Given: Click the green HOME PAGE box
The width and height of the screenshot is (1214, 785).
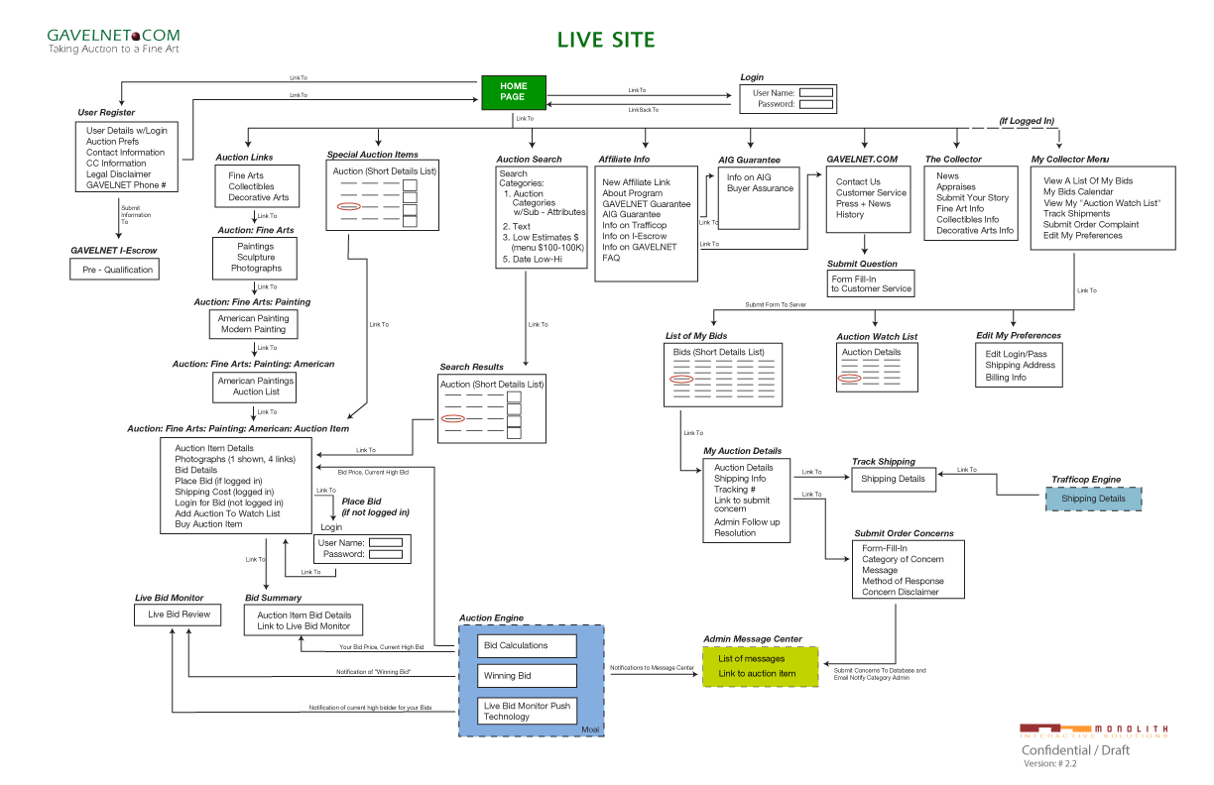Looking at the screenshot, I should point(513,91).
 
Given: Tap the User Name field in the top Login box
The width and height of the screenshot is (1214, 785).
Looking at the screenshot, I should point(816,93).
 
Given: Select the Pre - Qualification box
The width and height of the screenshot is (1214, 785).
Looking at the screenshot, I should point(118,270).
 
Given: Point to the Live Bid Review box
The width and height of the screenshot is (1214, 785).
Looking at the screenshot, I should point(180,615).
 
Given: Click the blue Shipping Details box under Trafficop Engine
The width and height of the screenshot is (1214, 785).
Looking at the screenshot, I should point(1093,499).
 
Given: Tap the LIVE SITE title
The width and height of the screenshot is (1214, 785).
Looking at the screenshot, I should point(605,41).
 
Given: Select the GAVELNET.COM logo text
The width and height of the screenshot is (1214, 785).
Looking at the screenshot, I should point(114,36).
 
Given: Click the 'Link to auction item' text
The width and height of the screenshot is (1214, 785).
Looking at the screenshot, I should point(757,674).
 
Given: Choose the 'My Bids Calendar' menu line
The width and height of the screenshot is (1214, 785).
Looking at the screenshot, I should point(1078,192).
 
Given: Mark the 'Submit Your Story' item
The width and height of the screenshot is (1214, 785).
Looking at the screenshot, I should point(972,198).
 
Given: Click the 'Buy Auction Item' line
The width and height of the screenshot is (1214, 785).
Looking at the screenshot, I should point(208,524).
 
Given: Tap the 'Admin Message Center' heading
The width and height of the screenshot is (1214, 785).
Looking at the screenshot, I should point(753,639).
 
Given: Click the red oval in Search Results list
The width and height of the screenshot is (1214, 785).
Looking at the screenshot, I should point(452,419).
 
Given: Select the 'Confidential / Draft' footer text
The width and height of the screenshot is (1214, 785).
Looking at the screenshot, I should point(1075,750).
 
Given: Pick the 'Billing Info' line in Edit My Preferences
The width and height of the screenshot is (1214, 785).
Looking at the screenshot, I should point(1006,378).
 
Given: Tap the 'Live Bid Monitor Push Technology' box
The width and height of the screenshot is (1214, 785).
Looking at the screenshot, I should point(527,711).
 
